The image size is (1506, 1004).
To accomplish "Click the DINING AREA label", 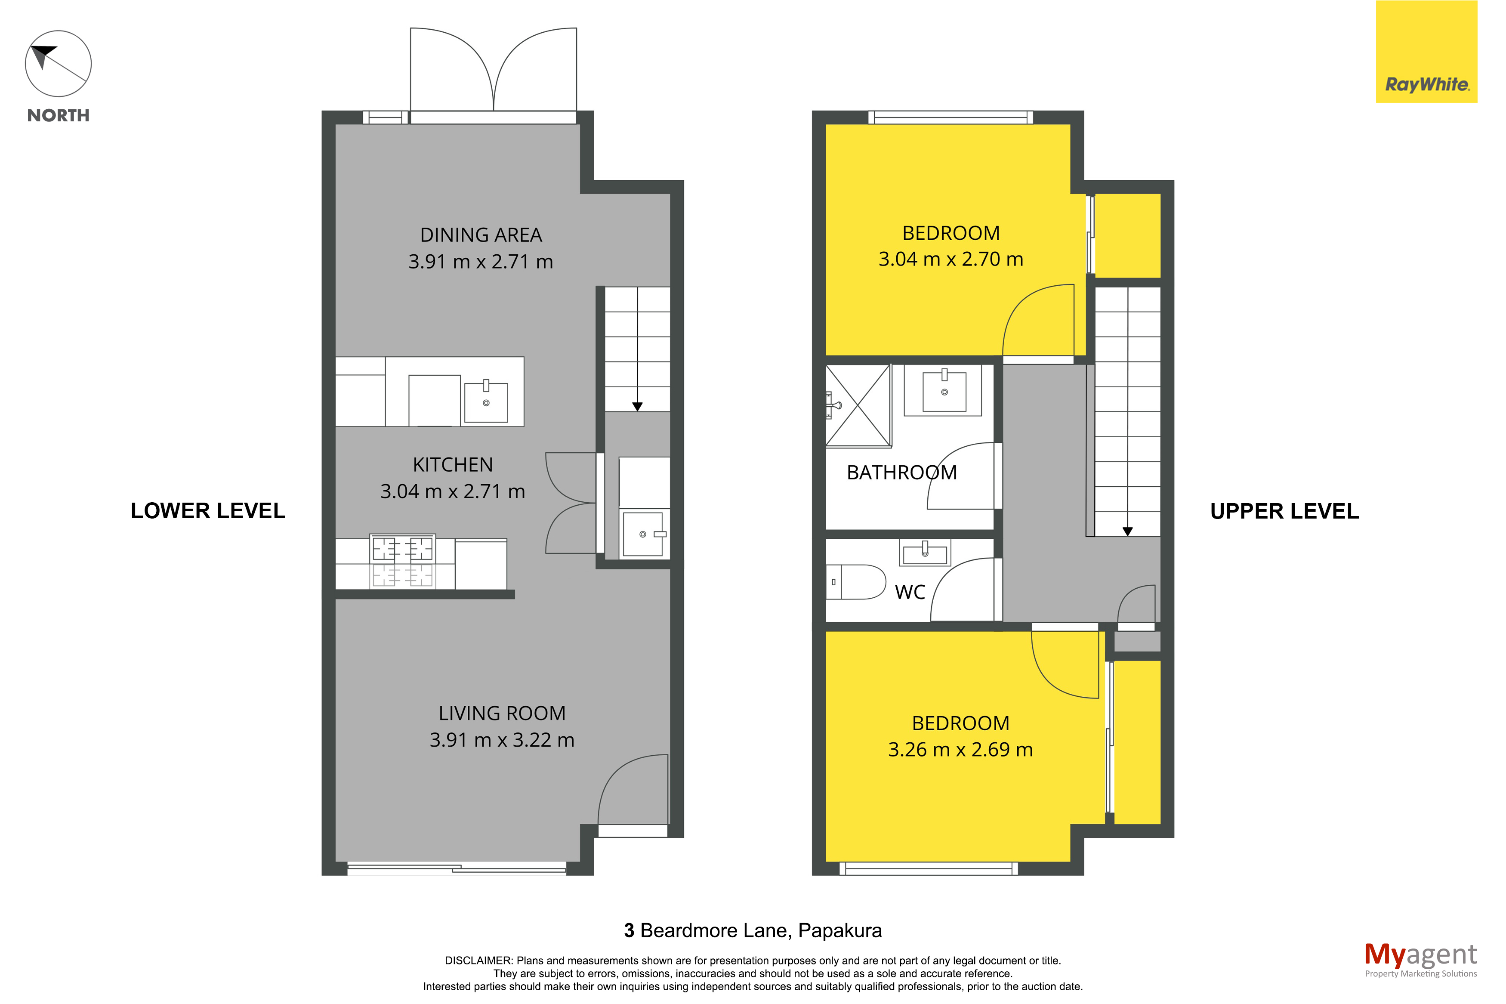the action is coord(481,235).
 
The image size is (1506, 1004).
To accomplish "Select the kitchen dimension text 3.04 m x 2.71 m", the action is coord(453,491).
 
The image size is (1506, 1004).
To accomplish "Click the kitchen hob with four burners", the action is coord(403,561).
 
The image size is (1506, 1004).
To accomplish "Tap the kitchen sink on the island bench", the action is coord(486,402).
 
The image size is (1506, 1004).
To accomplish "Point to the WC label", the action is coord(910,592).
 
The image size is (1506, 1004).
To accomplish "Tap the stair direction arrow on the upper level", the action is coord(1127,531).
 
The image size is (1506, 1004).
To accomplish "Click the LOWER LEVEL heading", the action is coord(208,511).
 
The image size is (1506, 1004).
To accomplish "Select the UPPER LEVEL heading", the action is coord(1284,511).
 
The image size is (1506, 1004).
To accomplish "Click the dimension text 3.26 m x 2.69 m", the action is coord(960,749).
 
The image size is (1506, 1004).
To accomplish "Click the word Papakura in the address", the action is coord(840,930).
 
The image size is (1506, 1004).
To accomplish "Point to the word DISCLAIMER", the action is coord(478,961).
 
